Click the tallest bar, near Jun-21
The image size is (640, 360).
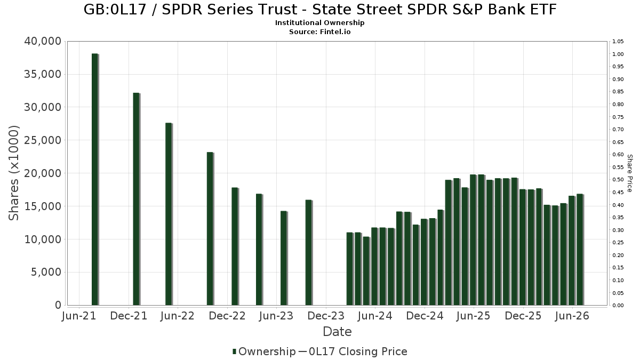(95, 179)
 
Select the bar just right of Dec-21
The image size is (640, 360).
(137, 199)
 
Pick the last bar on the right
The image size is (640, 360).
(580, 250)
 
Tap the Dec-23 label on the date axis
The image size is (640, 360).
(326, 316)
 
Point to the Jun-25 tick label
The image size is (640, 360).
(474, 316)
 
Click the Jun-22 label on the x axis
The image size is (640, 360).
(178, 316)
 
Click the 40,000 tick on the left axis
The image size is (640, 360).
(43, 41)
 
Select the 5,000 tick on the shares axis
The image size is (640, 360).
(46, 272)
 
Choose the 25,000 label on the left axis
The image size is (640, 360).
(43, 140)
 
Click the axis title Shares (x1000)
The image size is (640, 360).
(13, 173)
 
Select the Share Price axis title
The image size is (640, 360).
(629, 173)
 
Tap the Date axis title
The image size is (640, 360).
(337, 332)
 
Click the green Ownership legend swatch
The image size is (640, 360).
(234, 351)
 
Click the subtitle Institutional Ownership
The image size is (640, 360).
(319, 22)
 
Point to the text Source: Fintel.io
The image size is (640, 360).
(319, 31)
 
